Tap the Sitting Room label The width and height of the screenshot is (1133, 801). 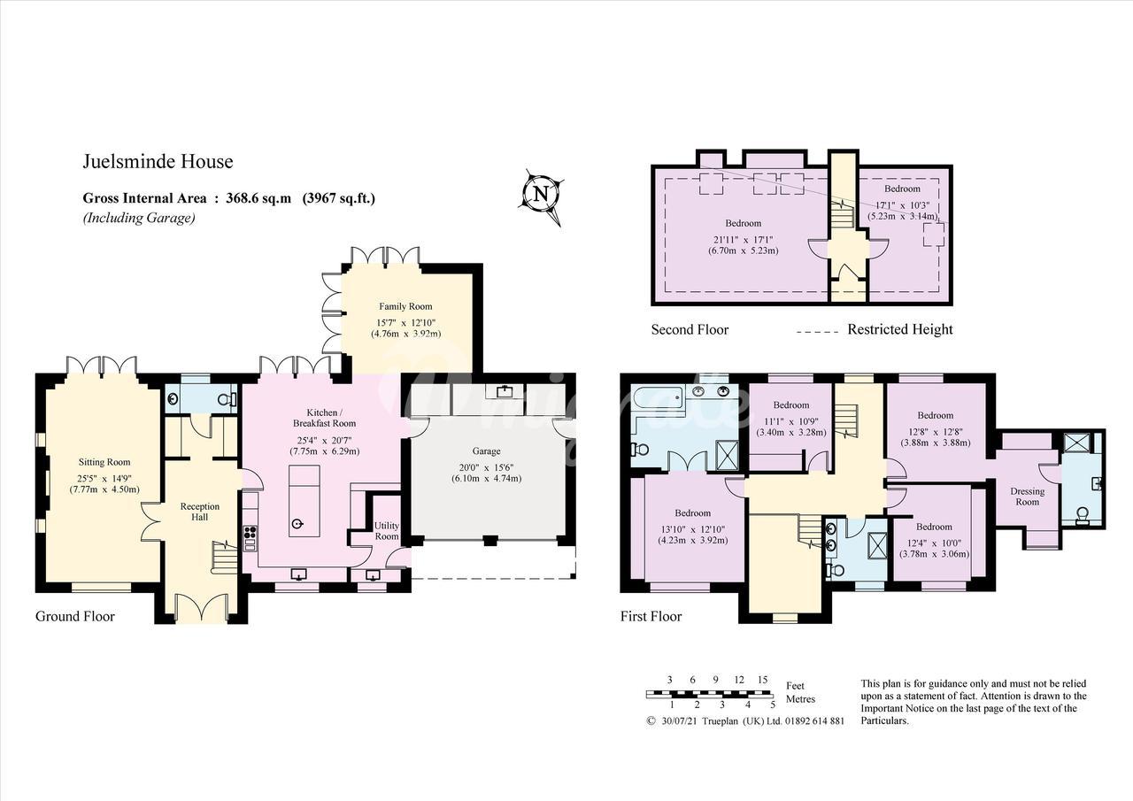(104, 462)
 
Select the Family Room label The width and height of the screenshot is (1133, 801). (405, 306)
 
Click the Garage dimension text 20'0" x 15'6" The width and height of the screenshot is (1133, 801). (486, 467)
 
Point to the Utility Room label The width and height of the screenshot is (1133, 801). (387, 531)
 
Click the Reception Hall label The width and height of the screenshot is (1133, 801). (200, 512)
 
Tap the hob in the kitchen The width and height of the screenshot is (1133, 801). (250, 537)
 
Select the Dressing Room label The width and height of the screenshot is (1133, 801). (1028, 496)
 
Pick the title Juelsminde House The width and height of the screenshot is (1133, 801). (158, 161)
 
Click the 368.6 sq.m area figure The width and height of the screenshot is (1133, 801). (258, 197)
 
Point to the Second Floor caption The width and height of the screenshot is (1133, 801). (690, 330)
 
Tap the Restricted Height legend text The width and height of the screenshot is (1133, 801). (900, 329)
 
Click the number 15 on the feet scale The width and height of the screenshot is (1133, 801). (762, 680)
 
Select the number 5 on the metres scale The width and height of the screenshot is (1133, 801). (773, 705)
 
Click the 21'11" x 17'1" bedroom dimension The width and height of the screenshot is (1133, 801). (743, 240)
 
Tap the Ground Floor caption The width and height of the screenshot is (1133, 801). (75, 616)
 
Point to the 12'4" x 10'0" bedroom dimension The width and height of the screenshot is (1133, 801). (934, 543)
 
